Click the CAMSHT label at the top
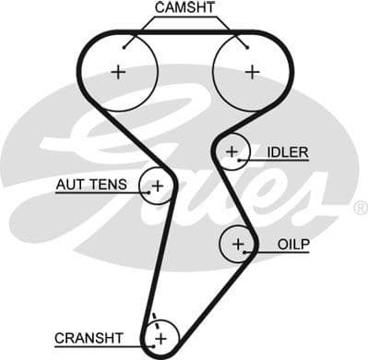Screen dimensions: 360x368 [x=184, y=8]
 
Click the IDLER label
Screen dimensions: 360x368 [x=287, y=151]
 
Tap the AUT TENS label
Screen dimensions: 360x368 [x=91, y=186]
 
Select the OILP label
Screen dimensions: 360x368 [x=292, y=245]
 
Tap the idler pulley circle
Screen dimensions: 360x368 [x=232, y=150]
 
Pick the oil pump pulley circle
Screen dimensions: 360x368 [x=238, y=244]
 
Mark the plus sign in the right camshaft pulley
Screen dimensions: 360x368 [x=251, y=72]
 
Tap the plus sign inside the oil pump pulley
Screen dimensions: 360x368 [x=238, y=244]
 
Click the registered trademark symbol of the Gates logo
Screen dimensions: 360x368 [x=359, y=210]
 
